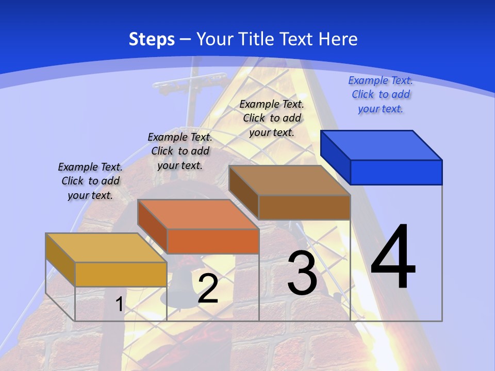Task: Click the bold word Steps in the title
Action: point(152,39)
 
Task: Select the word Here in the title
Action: point(338,39)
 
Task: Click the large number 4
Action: point(393,258)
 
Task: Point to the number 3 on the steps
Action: point(302,273)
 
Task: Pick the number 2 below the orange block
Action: point(208,289)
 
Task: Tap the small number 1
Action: point(119,304)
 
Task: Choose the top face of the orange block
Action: point(198,214)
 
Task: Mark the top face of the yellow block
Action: point(106,248)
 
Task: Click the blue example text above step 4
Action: point(381,94)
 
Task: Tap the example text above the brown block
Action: point(272,118)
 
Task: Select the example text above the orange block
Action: point(180,151)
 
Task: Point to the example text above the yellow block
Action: point(90,181)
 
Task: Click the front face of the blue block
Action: point(396,172)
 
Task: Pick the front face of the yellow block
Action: point(121,274)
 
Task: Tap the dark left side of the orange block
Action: point(153,227)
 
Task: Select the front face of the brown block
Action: point(304,208)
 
